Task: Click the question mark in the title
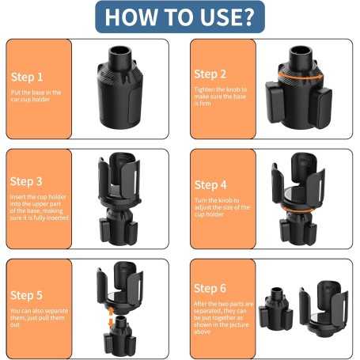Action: click(247, 17)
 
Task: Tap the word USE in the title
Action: click(218, 17)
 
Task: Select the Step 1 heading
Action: click(27, 78)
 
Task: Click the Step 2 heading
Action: click(210, 74)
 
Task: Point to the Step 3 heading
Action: click(26, 181)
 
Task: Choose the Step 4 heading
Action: click(210, 185)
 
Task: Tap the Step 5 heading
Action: click(26, 295)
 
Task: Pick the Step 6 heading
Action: click(210, 288)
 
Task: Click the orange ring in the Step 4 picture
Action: click(298, 210)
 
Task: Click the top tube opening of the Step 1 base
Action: click(120, 50)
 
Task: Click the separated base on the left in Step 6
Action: click(275, 308)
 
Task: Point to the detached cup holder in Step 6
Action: click(324, 308)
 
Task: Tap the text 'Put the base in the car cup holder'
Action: click(36, 96)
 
